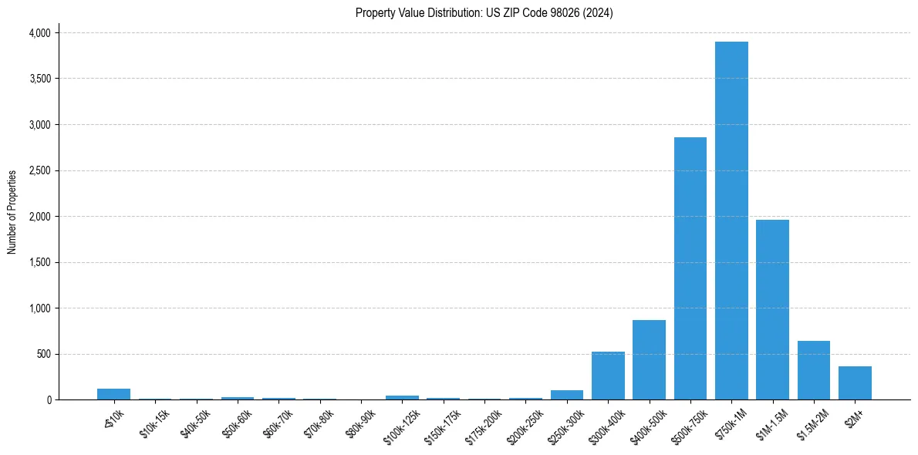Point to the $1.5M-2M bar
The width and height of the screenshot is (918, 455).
click(813, 370)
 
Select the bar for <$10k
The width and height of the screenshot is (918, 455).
click(113, 394)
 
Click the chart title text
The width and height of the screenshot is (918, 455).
click(484, 13)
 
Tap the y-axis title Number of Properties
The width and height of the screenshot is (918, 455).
click(12, 212)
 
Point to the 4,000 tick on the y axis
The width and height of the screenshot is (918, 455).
click(39, 33)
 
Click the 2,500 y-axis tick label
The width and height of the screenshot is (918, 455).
click(39, 170)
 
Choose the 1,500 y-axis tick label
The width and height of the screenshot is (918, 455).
click(39, 262)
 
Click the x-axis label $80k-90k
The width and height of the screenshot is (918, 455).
click(361, 422)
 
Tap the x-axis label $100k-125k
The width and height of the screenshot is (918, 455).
click(400, 424)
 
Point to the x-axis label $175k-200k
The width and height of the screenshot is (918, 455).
click(482, 424)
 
